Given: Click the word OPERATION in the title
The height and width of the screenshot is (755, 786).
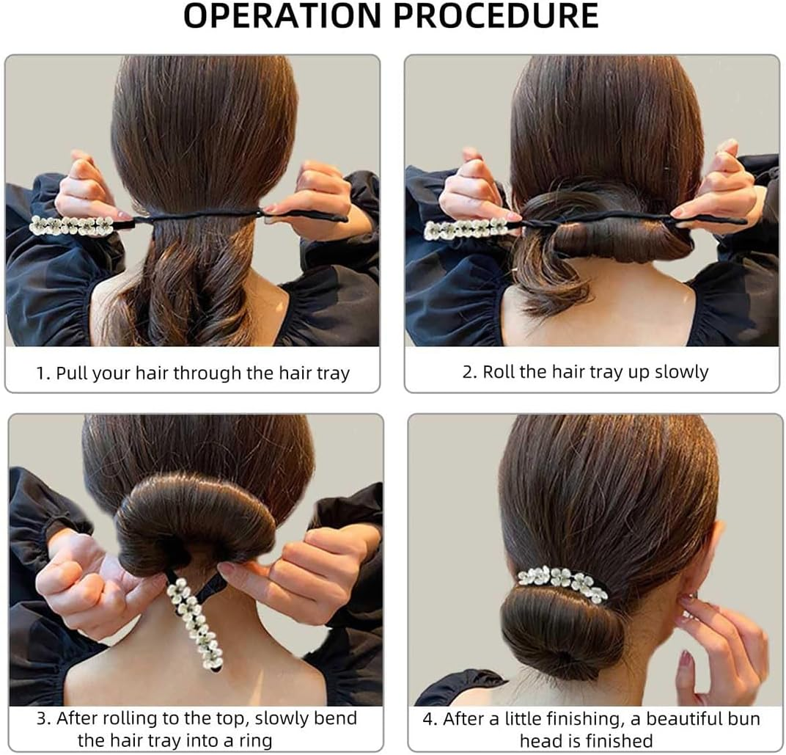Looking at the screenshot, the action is click(283, 15).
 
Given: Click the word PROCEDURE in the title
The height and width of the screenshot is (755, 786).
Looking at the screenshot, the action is click(496, 15).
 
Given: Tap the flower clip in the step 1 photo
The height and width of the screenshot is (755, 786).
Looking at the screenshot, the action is click(72, 225).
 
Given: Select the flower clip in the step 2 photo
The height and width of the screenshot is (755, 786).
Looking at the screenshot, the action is click(466, 229).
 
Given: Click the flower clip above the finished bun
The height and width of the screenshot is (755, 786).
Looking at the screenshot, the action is click(562, 582).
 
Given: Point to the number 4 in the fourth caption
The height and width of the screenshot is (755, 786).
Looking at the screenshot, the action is click(427, 719).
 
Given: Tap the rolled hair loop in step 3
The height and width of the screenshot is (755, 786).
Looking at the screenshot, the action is click(196, 517).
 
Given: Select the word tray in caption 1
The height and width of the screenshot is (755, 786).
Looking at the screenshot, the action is click(334, 373).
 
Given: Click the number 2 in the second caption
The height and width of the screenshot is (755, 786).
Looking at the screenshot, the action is click(467, 372).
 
